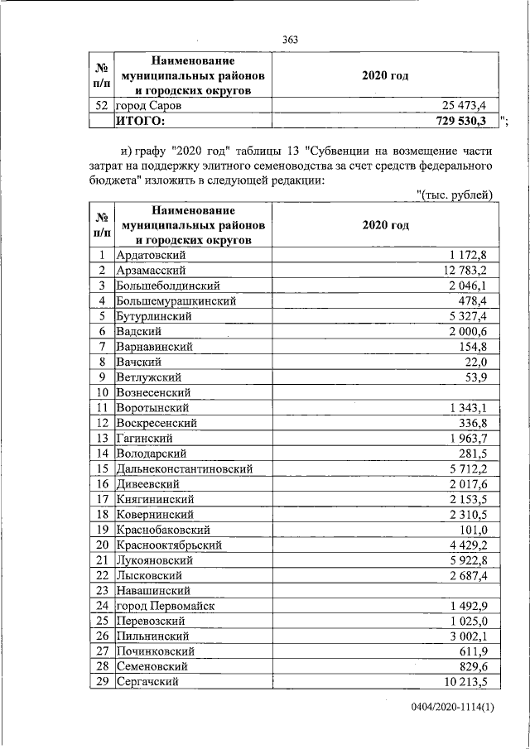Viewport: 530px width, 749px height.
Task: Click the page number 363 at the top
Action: click(x=290, y=40)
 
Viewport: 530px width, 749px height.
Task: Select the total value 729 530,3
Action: click(x=463, y=121)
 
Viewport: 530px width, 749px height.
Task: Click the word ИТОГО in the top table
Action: click(x=141, y=121)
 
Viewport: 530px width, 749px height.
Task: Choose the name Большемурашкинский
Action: click(x=176, y=300)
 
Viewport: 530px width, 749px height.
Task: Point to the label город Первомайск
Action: click(x=165, y=606)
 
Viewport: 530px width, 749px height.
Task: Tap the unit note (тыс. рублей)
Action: click(x=455, y=194)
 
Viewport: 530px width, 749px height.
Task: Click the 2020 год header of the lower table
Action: click(x=385, y=225)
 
